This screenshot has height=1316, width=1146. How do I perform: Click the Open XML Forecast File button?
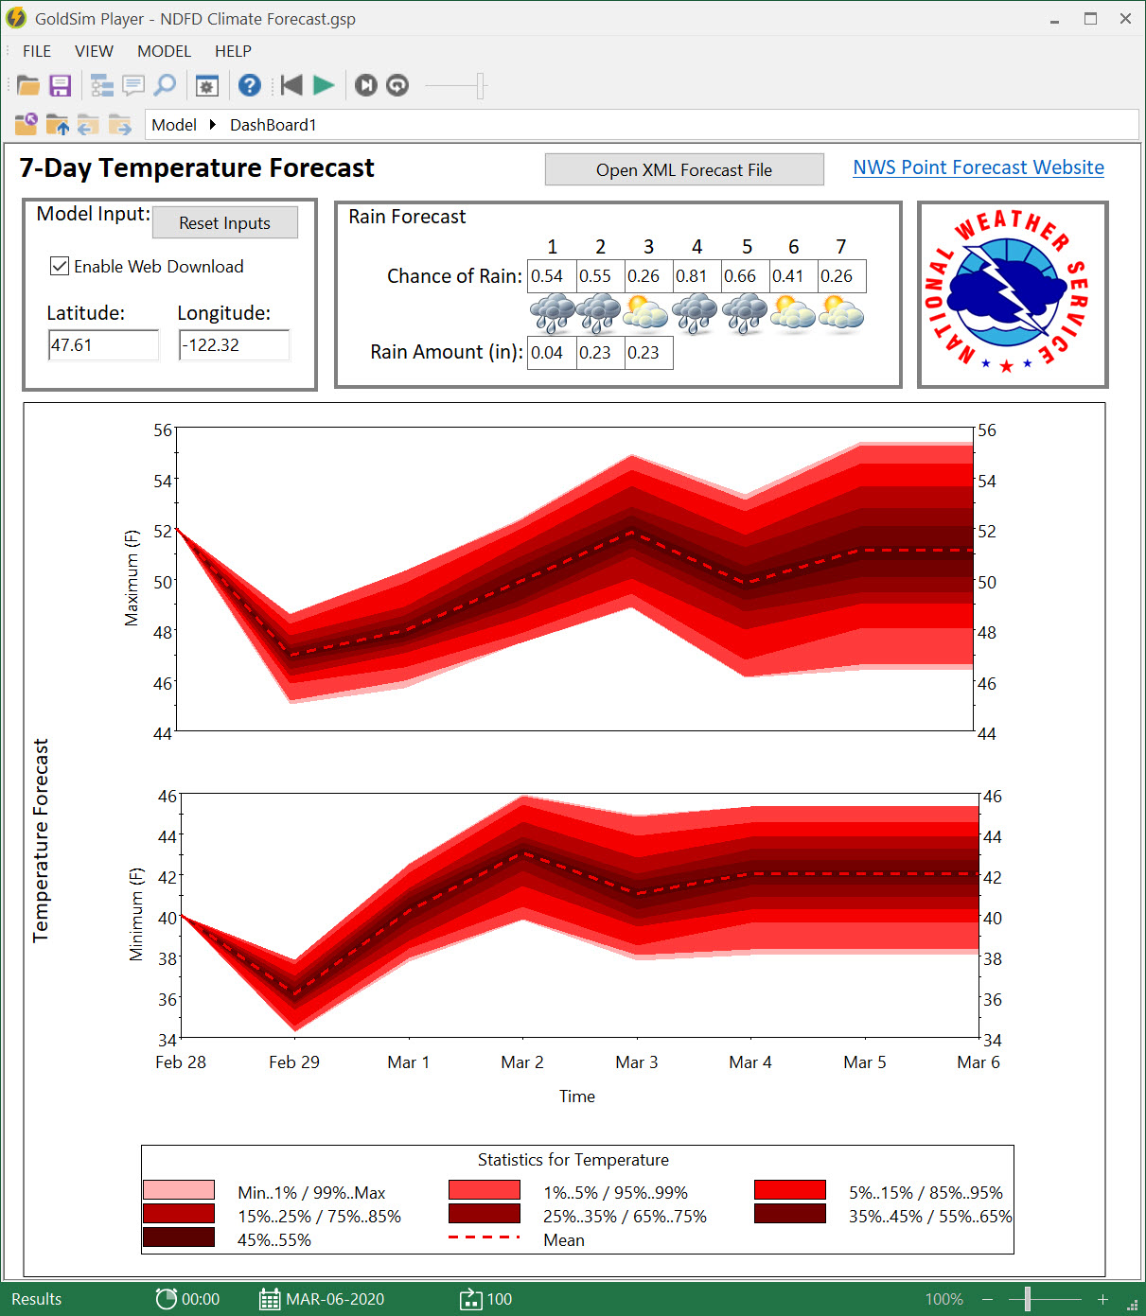pyautogui.click(x=684, y=170)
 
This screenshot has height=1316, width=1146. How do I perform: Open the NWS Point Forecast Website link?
pyautogui.click(x=978, y=167)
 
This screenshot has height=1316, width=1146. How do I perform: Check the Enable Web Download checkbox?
pyautogui.click(x=60, y=267)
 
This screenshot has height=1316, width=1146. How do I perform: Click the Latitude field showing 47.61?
pyautogui.click(x=102, y=345)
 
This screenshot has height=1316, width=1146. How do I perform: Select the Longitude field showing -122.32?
pyautogui.click(x=233, y=345)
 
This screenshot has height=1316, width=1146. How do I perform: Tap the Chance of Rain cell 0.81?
pyautogui.click(x=696, y=276)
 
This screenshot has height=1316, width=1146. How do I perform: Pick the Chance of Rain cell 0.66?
pyautogui.click(x=745, y=276)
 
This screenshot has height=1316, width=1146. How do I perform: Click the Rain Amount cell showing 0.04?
pyautogui.click(x=551, y=353)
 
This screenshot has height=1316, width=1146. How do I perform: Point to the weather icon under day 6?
pyautogui.click(x=793, y=314)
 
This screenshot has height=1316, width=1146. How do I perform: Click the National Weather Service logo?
pyautogui.click(x=1012, y=294)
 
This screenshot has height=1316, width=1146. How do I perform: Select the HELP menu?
pyautogui.click(x=233, y=51)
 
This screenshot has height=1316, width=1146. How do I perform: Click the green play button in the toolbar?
pyautogui.click(x=324, y=86)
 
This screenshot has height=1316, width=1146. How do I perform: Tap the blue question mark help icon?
pyautogui.click(x=249, y=86)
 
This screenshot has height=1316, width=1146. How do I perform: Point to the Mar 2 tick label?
pyautogui.click(x=522, y=1062)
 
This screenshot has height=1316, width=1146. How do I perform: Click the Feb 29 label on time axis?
pyautogui.click(x=294, y=1062)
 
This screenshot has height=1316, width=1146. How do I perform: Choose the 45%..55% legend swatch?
pyautogui.click(x=179, y=1237)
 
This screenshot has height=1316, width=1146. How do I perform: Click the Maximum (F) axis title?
pyautogui.click(x=132, y=578)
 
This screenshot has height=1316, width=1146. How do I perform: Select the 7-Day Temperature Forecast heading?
pyautogui.click(x=197, y=168)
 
